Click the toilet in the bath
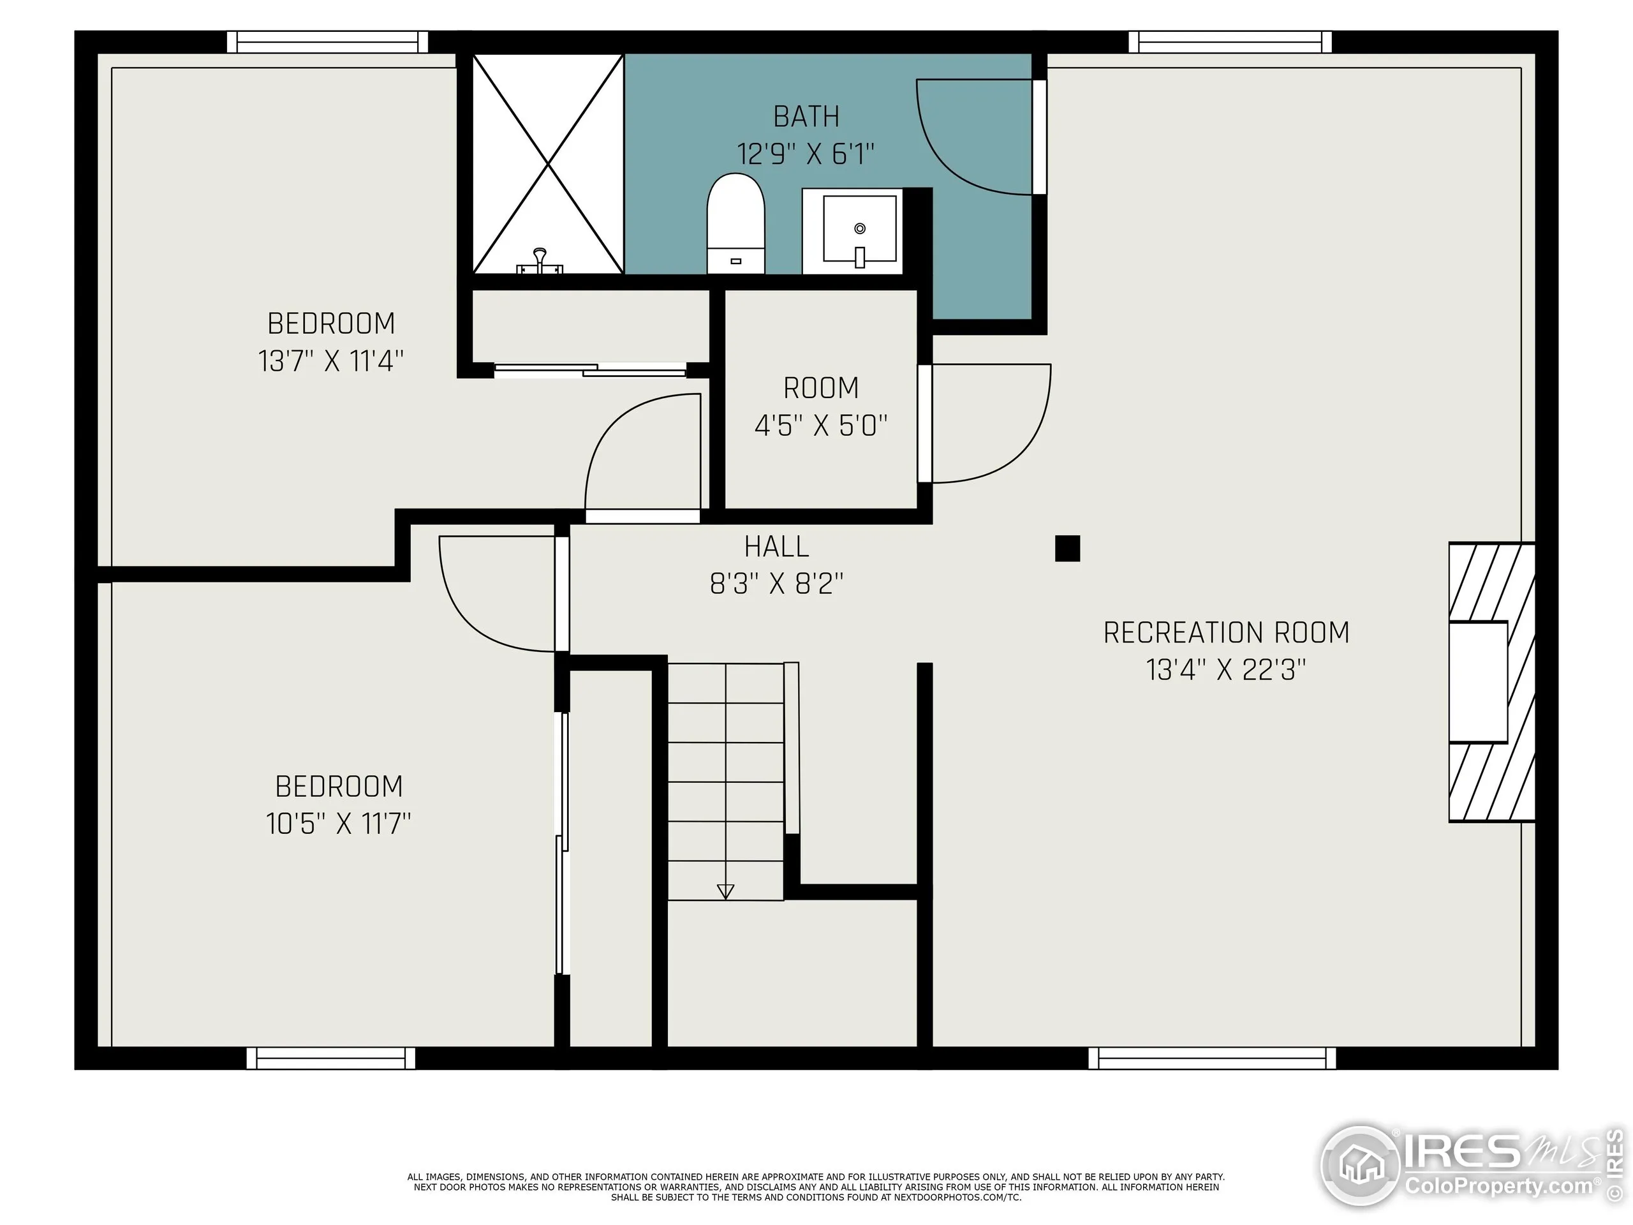735,223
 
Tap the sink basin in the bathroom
859,229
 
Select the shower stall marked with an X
548,163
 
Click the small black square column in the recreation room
1067,549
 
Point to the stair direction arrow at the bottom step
726,891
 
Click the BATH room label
806,117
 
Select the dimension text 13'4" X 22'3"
1225,670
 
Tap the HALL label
777,546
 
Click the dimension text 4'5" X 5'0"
820,426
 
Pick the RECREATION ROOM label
1225,633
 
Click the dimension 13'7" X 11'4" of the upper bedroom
330,361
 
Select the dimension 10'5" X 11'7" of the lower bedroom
338,822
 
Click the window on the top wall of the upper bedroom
327,42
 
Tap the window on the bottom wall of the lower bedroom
330,1058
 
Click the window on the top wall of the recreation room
1230,42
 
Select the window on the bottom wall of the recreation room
1211,1058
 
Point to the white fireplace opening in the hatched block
1478,681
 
